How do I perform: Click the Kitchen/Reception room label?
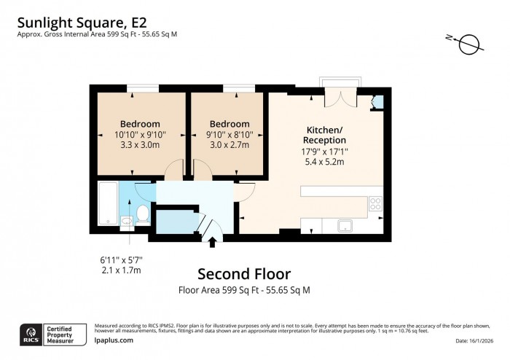pos(324,135)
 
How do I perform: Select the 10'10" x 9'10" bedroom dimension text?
pos(140,134)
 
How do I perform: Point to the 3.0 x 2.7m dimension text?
pos(229,144)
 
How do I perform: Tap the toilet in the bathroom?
pos(142,214)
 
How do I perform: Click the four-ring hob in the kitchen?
pos(376,203)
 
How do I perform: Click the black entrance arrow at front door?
pos(213,241)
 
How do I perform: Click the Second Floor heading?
pos(244,274)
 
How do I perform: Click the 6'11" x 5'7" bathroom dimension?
pos(120,259)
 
